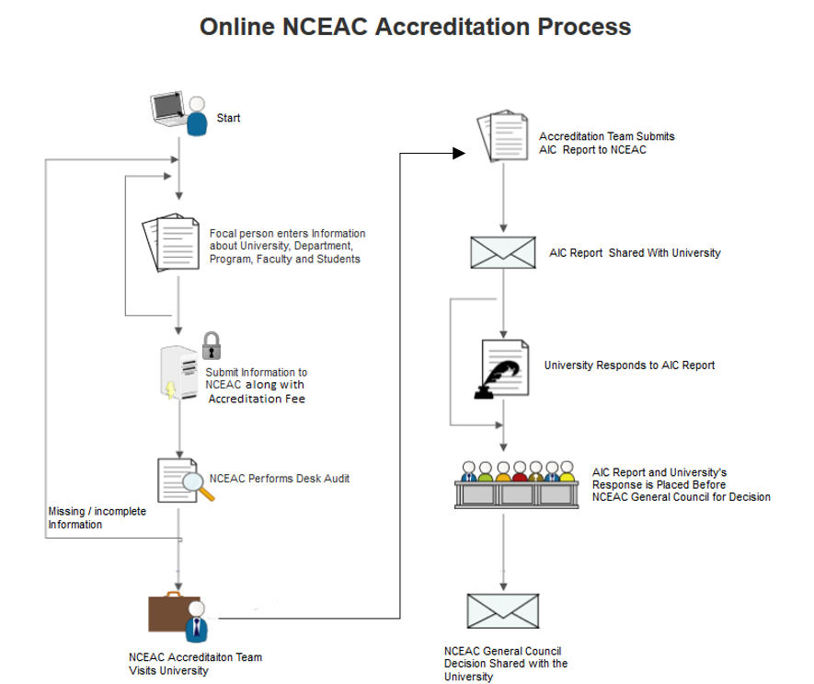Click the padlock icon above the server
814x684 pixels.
[212, 345]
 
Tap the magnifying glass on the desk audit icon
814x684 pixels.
[197, 487]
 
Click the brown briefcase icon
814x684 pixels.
[174, 612]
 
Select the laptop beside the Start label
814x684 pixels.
[168, 109]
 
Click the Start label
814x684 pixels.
[228, 118]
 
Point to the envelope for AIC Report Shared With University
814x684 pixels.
[503, 252]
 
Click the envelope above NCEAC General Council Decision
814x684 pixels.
[503, 610]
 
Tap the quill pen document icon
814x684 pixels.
[501, 369]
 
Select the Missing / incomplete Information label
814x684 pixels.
[97, 517]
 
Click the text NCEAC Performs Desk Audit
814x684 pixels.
[280, 478]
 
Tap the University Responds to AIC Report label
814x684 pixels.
[629, 365]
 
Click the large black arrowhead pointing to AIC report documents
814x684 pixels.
[459, 154]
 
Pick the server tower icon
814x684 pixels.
[179, 373]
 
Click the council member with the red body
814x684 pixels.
[520, 471]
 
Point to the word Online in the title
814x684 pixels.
[237, 27]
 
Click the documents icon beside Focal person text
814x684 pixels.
[171, 242]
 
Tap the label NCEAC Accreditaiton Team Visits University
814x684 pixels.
[195, 664]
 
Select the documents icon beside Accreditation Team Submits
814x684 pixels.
[502, 135]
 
